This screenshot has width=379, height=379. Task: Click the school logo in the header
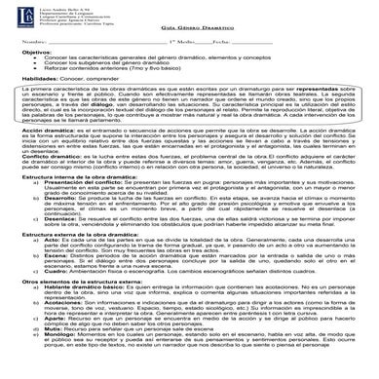pyautogui.click(x=17, y=15)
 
